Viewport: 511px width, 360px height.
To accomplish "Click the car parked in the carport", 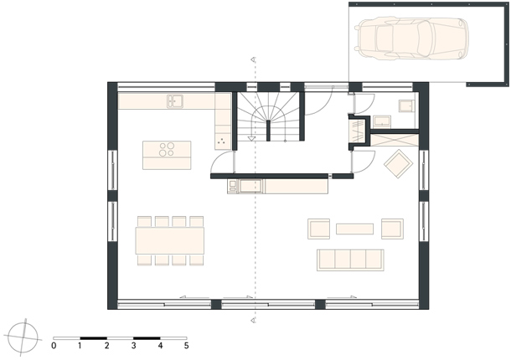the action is click(411, 39).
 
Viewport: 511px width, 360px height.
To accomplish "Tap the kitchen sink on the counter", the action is click(175, 101).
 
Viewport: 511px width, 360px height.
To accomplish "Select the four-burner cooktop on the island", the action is click(167, 150).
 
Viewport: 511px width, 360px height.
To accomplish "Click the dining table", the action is click(170, 241).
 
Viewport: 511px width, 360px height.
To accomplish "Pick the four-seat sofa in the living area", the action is click(350, 260).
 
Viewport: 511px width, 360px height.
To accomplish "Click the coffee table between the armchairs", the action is click(354, 229).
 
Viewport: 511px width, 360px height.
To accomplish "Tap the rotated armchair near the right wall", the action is click(399, 163).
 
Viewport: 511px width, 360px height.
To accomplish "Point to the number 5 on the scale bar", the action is click(187, 346).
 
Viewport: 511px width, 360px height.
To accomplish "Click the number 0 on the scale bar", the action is click(54, 346).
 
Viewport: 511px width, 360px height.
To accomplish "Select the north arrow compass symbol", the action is click(23, 337).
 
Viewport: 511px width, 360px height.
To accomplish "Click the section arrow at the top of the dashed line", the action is click(253, 59).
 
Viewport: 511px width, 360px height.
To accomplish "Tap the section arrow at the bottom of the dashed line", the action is click(253, 321).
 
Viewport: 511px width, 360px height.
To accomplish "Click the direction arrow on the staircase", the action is click(251, 138).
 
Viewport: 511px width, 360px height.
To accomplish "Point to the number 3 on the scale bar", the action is click(133, 346).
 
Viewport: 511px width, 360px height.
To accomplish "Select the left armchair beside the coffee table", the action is click(318, 229).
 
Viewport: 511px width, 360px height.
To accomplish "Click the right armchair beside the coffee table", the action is click(392, 229).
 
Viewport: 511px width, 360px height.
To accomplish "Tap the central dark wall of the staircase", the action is click(268, 131).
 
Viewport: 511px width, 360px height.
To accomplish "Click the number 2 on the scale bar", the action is click(107, 346).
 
